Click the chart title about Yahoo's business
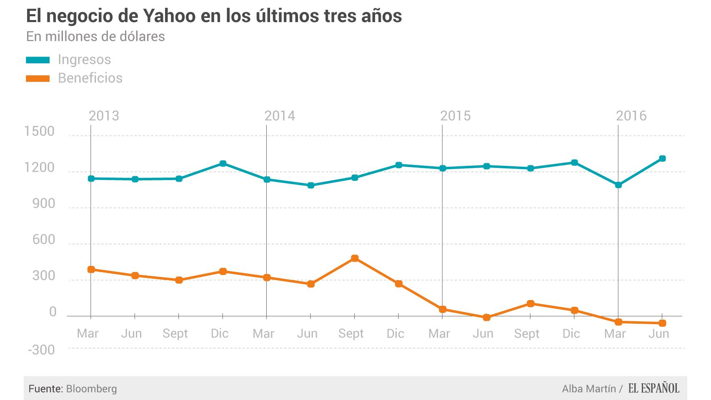point(214,16)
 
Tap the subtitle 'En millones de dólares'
point(95,37)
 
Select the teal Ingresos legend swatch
point(38,60)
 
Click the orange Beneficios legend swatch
point(38,78)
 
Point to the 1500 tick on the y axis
point(40,132)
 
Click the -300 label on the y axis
point(41,350)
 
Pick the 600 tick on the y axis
point(43,240)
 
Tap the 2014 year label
point(280,116)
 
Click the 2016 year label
point(631,116)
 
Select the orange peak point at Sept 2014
point(355,258)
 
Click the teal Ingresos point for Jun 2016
point(662,158)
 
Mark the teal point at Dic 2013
point(223,163)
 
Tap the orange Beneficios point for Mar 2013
point(91,270)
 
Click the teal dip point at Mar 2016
point(618,185)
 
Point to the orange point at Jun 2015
point(486,317)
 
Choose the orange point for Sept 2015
point(531,304)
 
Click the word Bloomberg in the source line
point(91,389)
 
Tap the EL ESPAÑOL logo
point(653,388)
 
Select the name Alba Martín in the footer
point(588,389)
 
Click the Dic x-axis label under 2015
point(571,333)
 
